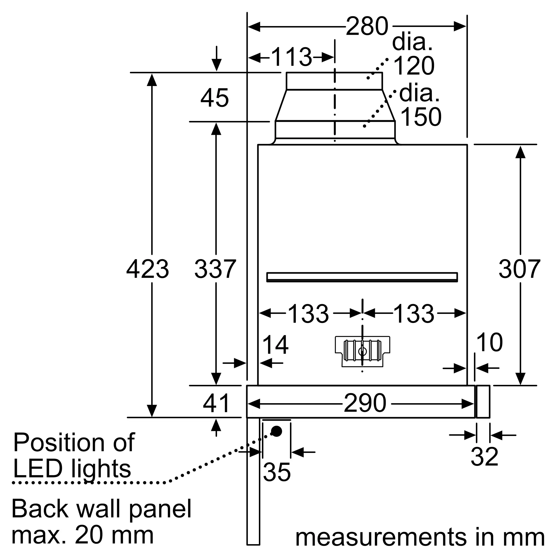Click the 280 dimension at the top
367,27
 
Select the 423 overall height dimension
147,269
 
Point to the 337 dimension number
215,269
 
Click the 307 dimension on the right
519,269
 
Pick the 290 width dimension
365,403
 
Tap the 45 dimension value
214,98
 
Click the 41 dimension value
216,403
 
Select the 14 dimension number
275,345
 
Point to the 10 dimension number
490,342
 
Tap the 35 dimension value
277,472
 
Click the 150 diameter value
421,117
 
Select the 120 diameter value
414,66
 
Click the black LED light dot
277,431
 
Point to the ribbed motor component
362,351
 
